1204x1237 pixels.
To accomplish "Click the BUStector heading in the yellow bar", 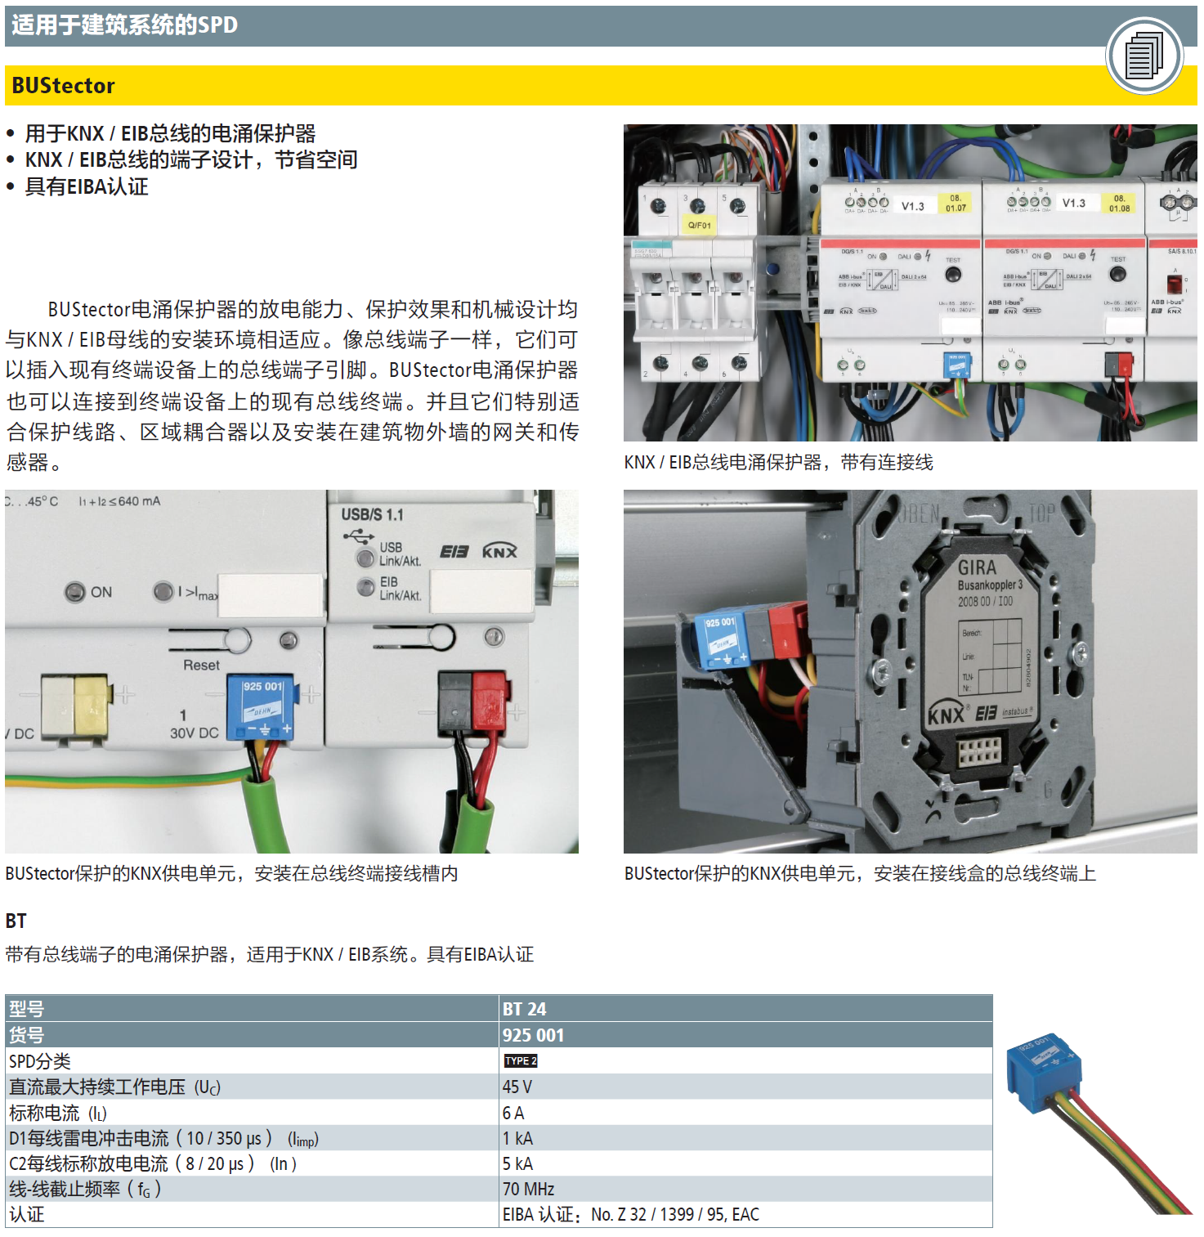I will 63,86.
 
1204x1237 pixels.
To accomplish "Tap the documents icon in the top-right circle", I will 1144,56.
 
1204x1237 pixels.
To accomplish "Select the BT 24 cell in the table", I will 525,1009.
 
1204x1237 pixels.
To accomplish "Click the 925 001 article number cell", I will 533,1035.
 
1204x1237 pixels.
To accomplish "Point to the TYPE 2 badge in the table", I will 521,1060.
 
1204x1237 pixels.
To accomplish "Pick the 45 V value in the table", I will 517,1087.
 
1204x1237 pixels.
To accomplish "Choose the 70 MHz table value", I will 528,1189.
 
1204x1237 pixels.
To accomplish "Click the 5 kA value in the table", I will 517,1163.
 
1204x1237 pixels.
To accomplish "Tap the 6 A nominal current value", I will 513,1113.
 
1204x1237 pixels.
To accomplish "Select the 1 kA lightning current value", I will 517,1138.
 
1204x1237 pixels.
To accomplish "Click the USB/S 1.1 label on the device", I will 372,515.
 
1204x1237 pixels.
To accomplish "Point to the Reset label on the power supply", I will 201,666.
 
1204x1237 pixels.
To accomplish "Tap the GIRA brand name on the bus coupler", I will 977,567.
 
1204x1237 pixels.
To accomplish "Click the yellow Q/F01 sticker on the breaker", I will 700,225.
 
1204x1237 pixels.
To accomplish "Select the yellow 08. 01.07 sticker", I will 956,204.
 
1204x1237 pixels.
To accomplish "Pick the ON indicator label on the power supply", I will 101,592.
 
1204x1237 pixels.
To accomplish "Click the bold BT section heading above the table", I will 16,921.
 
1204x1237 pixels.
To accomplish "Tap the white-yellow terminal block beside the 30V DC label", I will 74,708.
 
